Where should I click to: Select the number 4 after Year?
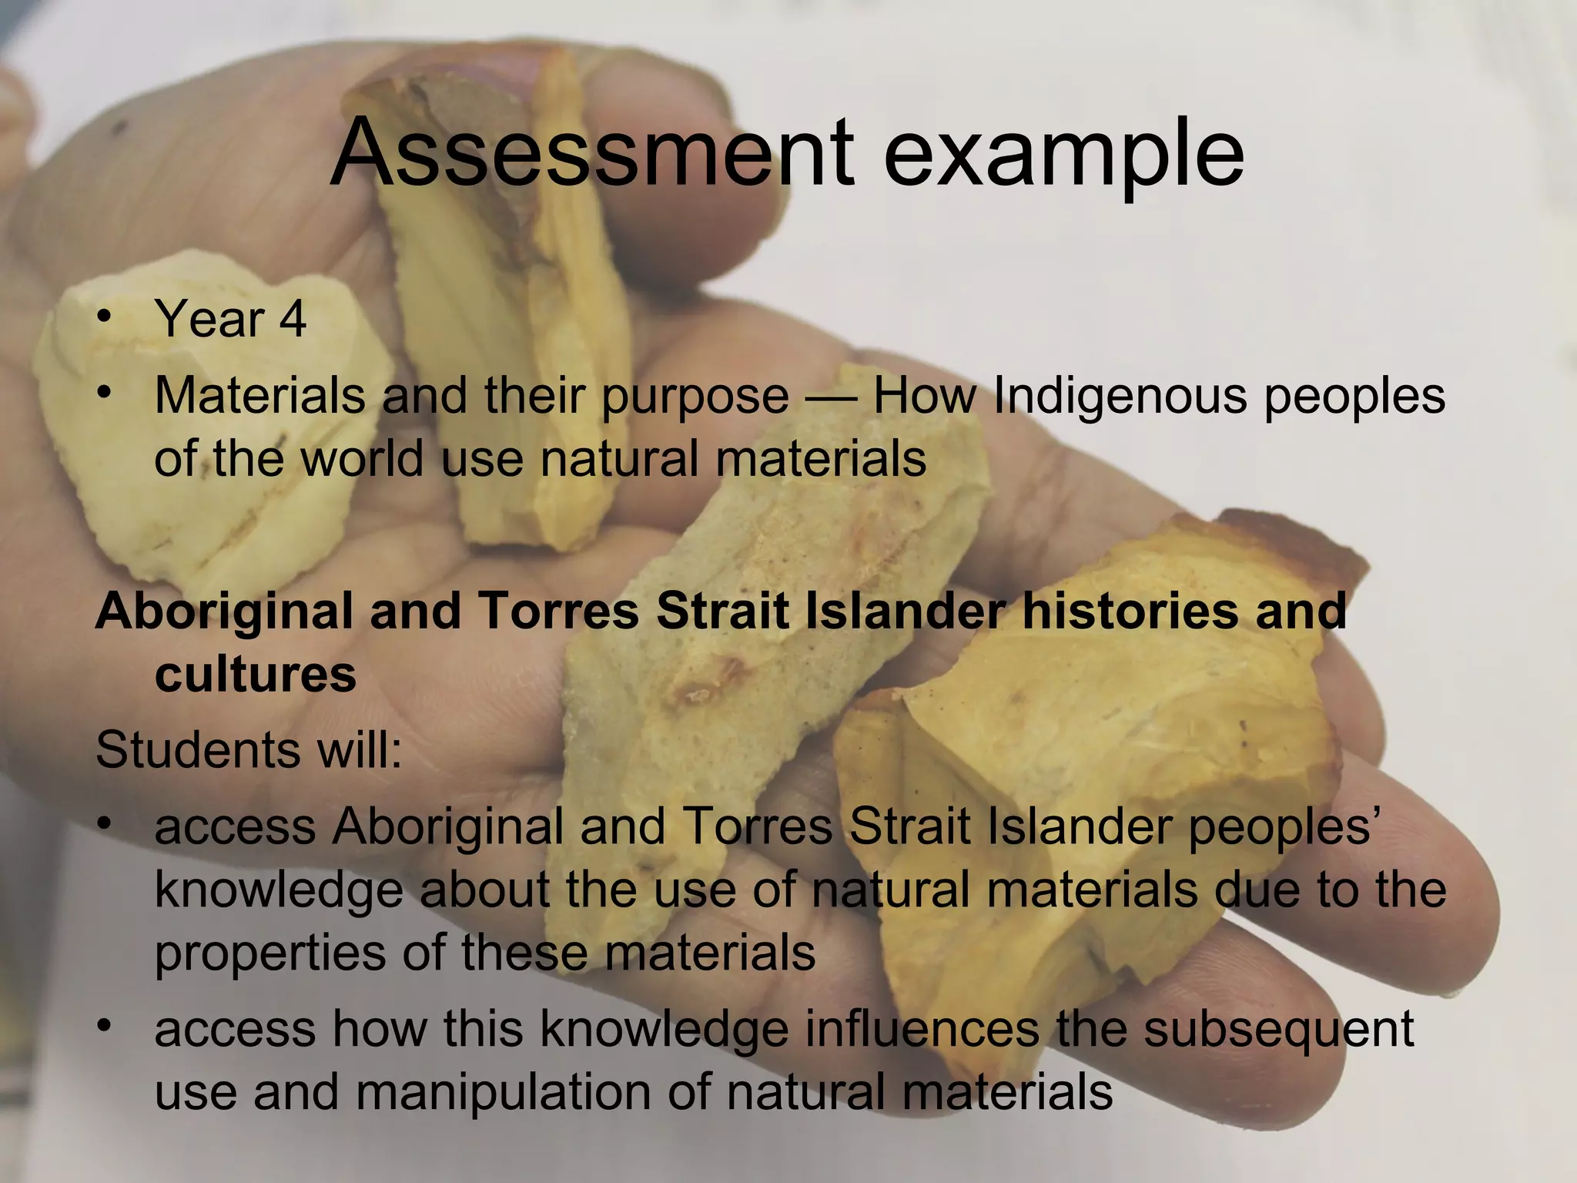click(x=293, y=319)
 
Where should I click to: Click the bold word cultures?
click(x=256, y=675)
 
